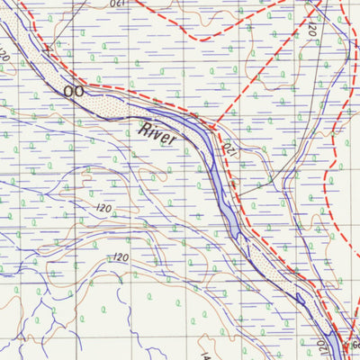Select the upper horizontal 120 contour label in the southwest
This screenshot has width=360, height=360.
(x=103, y=209)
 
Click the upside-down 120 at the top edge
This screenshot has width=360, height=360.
(x=119, y=4)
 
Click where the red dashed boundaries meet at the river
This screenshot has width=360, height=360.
(x=216, y=126)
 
